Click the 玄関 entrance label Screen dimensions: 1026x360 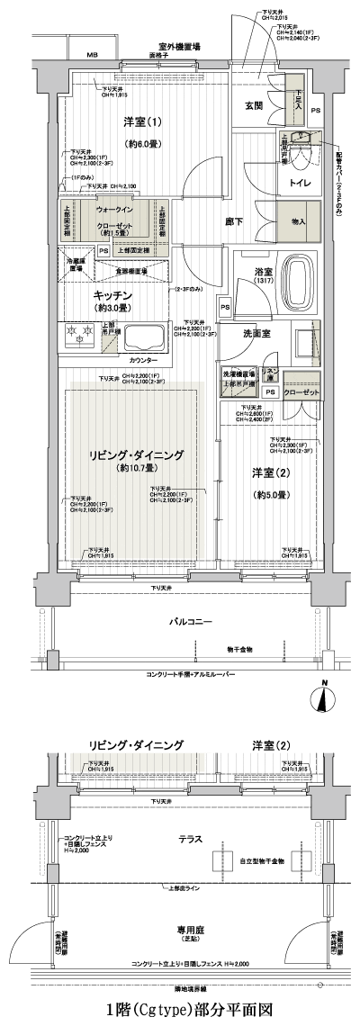253,106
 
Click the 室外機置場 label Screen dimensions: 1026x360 179,46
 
